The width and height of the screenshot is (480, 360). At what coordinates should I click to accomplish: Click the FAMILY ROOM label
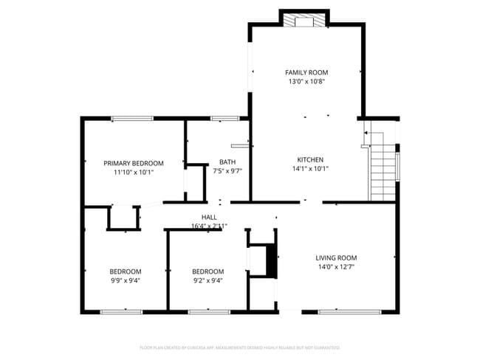click(x=306, y=72)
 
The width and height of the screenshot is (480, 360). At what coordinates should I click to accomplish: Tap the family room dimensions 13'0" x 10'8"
click(x=306, y=81)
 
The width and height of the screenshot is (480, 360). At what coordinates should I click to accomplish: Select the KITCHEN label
click(x=310, y=159)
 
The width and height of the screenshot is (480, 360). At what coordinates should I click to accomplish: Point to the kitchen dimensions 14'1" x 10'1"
click(x=310, y=168)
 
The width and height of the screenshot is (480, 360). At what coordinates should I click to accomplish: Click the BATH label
click(x=227, y=162)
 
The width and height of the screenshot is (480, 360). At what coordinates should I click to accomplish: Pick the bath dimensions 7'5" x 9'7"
click(x=227, y=171)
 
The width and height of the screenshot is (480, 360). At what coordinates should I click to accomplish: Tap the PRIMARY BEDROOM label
click(x=133, y=163)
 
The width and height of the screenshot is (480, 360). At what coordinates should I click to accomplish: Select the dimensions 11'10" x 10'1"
click(x=133, y=172)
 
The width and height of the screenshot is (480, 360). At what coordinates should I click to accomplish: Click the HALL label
click(x=209, y=217)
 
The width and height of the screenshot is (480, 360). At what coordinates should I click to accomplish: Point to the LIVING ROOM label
click(x=336, y=257)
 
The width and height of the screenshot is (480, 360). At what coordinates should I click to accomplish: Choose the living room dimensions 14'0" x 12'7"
click(x=336, y=266)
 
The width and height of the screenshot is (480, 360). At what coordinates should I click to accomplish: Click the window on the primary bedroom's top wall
click(x=133, y=117)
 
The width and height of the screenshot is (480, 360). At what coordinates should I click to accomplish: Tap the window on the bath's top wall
click(x=224, y=117)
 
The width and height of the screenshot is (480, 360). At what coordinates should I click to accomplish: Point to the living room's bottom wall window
click(x=338, y=312)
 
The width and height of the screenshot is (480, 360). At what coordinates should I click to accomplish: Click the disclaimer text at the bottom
click(x=240, y=347)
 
